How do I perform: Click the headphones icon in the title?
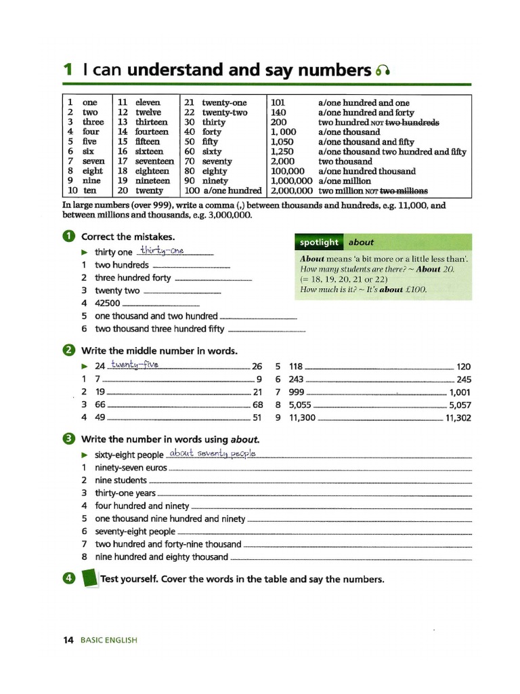(384, 70)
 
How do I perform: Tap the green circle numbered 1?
(68, 237)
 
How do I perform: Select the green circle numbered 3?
(68, 438)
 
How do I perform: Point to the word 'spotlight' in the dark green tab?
(319, 242)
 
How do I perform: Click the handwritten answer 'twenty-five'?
(135, 365)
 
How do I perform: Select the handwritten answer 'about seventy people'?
(212, 453)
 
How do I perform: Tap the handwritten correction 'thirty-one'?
(162, 251)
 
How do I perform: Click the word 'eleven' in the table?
(148, 102)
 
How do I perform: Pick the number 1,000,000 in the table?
(291, 181)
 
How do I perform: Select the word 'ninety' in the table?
(215, 181)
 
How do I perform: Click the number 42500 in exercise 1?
(108, 303)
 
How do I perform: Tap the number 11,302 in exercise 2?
(458, 417)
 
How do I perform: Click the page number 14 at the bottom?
(68, 639)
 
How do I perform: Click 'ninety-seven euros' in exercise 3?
(131, 468)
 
